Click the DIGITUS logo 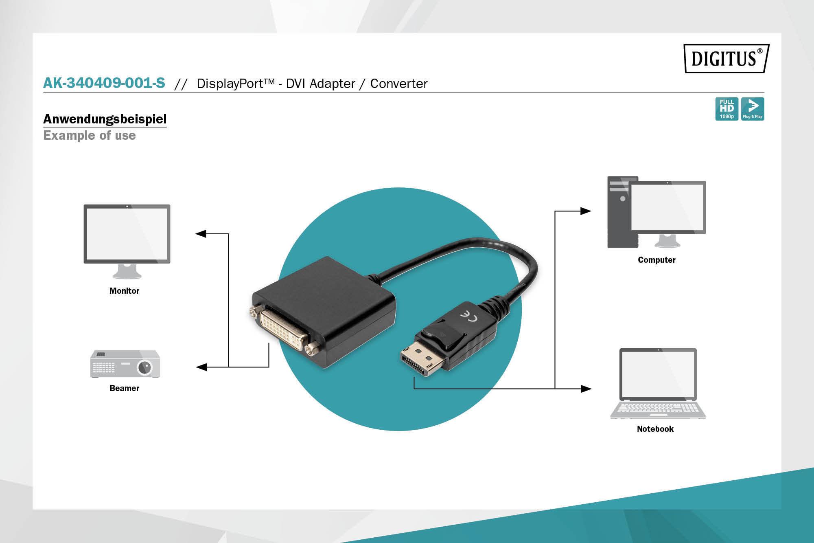tap(726, 58)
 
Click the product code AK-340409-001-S tap(104, 83)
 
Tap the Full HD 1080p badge tap(726, 109)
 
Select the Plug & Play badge tap(753, 109)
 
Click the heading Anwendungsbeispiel tap(105, 119)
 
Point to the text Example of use tap(90, 135)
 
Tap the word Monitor tap(124, 291)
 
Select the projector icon tap(125, 364)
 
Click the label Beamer tap(124, 388)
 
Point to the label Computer tap(656, 260)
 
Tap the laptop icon tap(658, 383)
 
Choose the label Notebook tap(655, 429)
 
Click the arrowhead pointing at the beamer tap(201, 367)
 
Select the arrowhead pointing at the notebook tap(586, 389)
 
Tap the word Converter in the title tap(398, 84)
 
